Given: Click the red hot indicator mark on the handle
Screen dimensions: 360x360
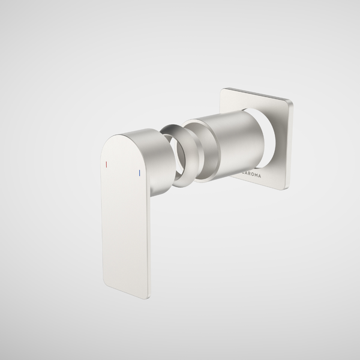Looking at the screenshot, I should tap(106, 163).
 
